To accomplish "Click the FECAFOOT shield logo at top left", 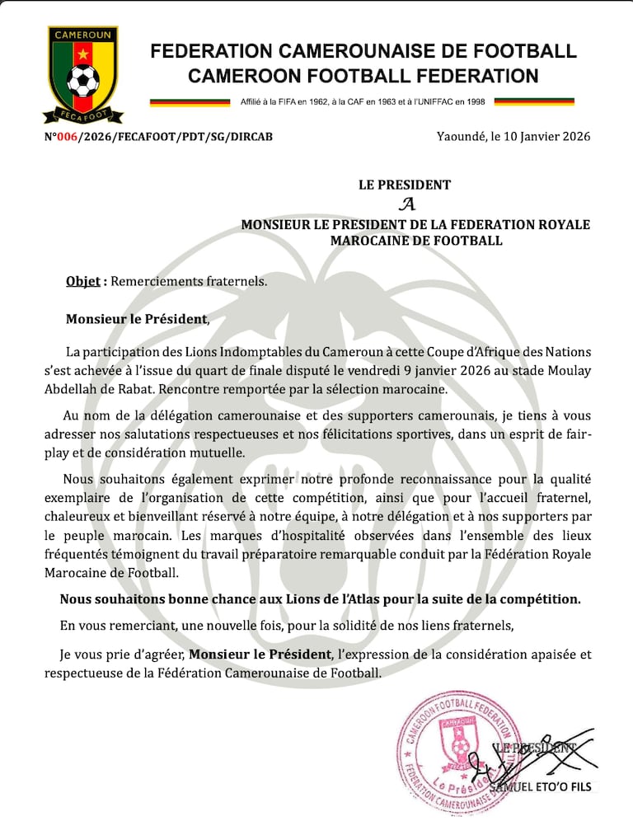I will tap(82, 74).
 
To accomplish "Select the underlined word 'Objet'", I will tap(82, 281).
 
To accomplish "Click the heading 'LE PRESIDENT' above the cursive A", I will tap(405, 185).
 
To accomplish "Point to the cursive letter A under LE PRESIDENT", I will tap(405, 204).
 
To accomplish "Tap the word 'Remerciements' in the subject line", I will tap(152, 281).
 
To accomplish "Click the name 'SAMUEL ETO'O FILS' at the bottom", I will tap(540, 786).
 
